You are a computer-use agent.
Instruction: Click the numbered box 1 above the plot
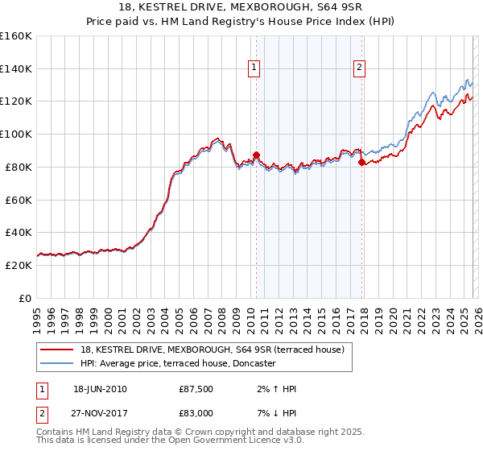pos(254,68)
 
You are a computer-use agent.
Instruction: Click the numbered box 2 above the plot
pos(359,68)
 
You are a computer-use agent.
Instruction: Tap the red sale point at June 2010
pos(256,154)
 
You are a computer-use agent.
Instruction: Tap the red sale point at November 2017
pos(361,162)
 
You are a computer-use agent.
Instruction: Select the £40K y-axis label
pos(19,232)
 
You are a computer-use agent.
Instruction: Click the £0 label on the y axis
pos(26,298)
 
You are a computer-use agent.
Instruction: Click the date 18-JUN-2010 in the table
pos(100,389)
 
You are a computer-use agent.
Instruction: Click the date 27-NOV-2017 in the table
pos(100,412)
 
